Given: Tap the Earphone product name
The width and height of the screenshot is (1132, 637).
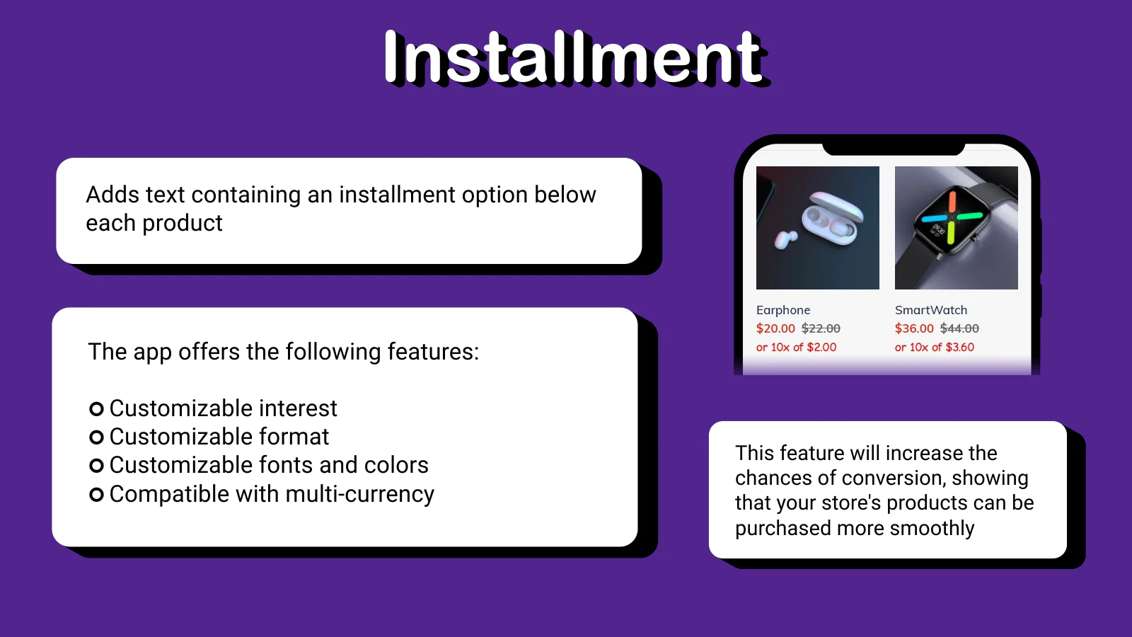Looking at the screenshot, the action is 782,310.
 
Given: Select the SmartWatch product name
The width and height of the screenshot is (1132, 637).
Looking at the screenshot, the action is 931,310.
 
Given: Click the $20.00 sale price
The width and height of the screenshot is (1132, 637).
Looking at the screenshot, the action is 775,328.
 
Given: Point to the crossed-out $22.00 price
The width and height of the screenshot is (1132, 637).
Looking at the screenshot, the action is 821,328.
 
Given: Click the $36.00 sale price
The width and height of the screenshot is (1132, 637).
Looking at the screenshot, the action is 914,328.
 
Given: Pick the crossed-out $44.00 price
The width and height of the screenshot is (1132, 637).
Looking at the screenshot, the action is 959,328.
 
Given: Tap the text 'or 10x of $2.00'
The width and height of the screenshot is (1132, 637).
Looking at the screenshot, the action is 796,348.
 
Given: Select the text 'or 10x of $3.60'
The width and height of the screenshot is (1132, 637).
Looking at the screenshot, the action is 935,348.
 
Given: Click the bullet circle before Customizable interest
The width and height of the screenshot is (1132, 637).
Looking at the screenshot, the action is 96,408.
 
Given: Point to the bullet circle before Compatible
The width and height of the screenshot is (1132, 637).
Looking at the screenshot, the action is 96,495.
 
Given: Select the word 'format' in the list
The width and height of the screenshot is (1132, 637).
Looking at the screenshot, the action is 294,436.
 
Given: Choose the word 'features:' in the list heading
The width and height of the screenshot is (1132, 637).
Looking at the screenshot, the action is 433,351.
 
